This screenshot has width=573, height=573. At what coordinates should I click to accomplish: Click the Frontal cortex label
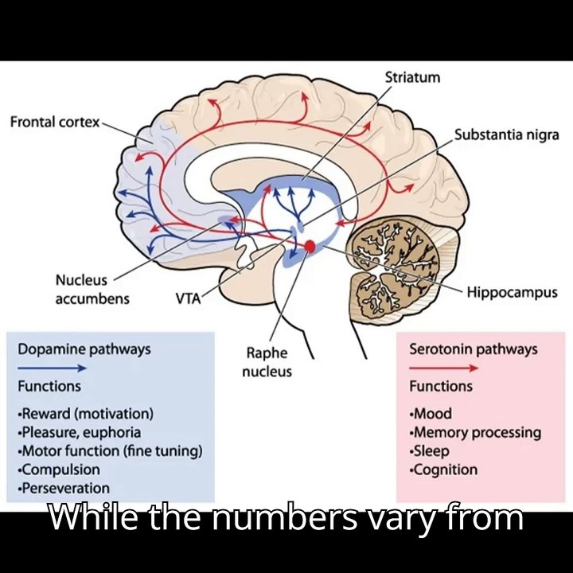coord(55,122)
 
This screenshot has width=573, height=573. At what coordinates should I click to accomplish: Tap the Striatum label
coord(412,78)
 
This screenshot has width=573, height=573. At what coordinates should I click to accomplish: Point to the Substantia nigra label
coord(506,134)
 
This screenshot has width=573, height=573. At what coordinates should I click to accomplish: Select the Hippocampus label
coord(512,292)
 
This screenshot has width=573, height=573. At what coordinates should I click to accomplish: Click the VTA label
coord(188,299)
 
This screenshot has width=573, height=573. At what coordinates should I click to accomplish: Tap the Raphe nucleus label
coord(267,361)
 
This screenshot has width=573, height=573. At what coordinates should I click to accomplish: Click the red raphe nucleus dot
coord(310,247)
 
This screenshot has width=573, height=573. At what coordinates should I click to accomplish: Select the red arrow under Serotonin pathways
coord(443,368)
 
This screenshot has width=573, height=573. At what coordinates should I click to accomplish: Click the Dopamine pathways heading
coord(84,349)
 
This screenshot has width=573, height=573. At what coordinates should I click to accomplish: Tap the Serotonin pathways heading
coord(473,349)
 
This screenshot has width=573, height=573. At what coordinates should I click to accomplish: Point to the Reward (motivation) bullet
coord(85,414)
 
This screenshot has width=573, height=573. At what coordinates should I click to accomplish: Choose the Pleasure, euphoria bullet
coord(79,432)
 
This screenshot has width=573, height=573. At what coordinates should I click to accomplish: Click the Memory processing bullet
coord(475,432)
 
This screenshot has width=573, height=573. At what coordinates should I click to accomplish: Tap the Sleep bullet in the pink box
coord(431,451)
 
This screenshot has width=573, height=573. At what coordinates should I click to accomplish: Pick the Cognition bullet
coord(443,470)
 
